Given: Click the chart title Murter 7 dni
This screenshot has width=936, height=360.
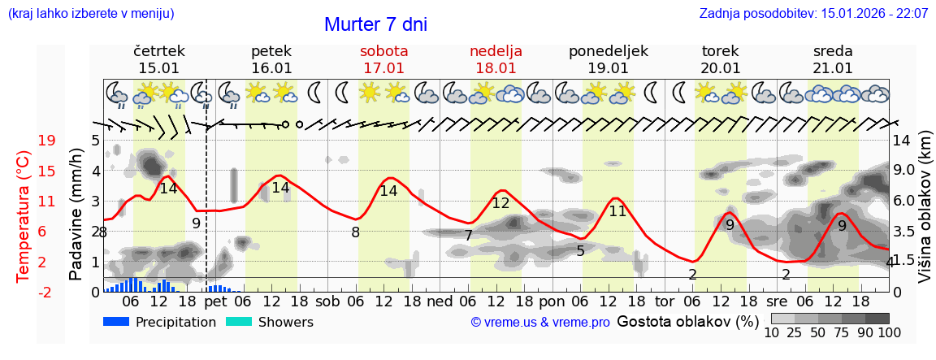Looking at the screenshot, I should [375, 24].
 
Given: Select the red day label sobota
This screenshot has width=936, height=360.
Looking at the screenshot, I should [383, 51].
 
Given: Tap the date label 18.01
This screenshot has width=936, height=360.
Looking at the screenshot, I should [496, 68].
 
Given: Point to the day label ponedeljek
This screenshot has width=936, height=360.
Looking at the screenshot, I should [608, 51].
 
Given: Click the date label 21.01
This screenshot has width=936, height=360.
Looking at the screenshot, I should [833, 68].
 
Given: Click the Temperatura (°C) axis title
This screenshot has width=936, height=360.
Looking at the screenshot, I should [24, 216].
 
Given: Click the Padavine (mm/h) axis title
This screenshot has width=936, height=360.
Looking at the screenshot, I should [76, 215].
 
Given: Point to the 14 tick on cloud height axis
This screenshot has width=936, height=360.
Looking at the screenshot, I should [902, 141].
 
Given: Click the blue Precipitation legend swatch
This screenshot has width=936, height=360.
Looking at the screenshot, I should [117, 322].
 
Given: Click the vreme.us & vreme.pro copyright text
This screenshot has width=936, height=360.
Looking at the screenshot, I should [540, 323].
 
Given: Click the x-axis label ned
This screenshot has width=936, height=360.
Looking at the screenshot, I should [440, 301].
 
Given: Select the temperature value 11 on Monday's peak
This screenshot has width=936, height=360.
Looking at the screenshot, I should [618, 211].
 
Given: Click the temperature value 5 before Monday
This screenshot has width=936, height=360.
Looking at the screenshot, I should [580, 251].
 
